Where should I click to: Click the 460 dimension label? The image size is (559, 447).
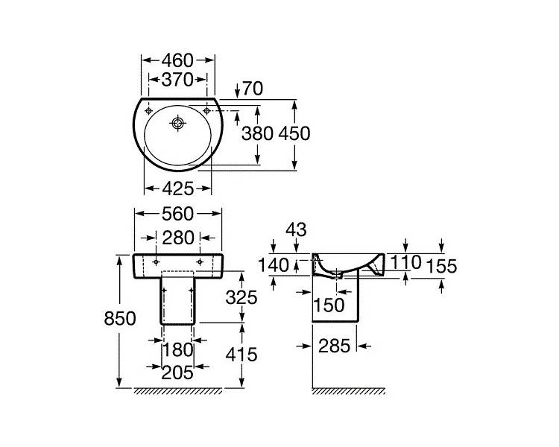point(177,60)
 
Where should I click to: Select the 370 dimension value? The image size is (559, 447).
point(177,80)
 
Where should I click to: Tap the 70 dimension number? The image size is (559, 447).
point(253,89)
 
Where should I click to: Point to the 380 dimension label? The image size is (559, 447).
point(257,133)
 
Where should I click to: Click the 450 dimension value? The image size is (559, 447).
point(294,133)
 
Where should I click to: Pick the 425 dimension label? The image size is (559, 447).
point(178,188)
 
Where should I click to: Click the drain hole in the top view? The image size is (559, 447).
point(177,124)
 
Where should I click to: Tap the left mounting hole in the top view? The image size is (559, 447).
point(148,111)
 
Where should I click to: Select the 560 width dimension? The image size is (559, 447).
point(177,214)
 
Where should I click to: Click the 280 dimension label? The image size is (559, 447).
point(178,238)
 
